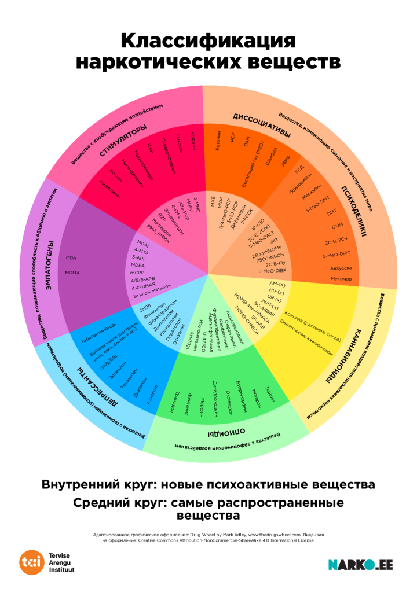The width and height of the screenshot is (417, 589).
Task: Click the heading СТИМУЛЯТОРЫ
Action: [x=123, y=140]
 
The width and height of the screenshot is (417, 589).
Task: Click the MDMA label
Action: [x=72, y=273]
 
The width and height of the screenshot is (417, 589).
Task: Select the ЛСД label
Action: [x=299, y=170]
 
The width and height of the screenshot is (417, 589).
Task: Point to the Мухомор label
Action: [x=341, y=279]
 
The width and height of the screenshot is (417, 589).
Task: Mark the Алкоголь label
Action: [x=152, y=393]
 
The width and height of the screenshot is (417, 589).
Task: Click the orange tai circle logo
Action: [x=31, y=562]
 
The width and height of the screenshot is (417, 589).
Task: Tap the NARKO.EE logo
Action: [x=360, y=565]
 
